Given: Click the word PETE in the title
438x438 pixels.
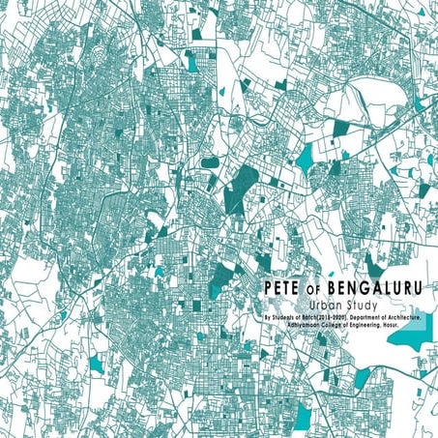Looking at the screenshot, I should click(280, 287).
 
